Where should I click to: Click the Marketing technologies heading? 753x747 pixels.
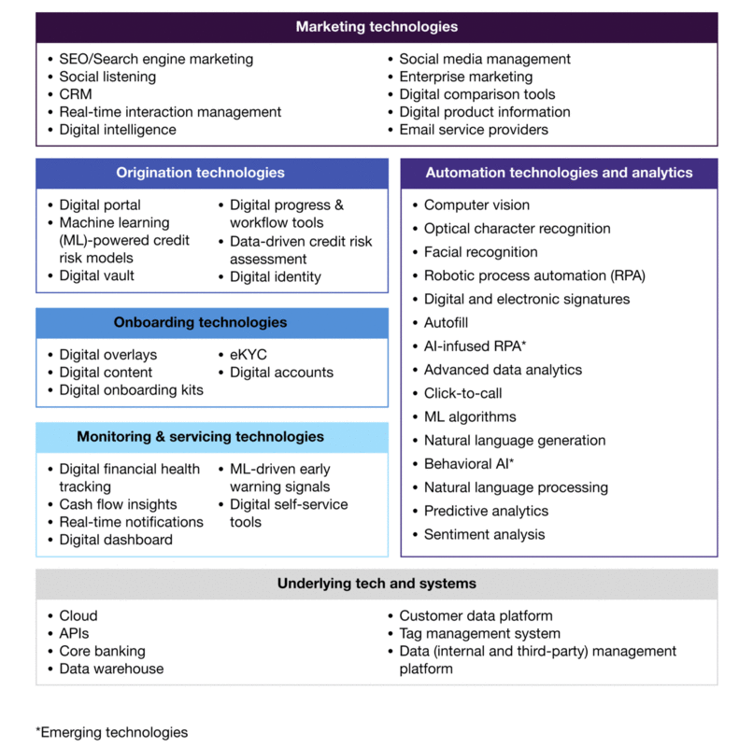pos(376,27)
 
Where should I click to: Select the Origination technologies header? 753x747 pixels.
pos(200,173)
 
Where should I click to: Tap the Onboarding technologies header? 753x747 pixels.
pos(200,322)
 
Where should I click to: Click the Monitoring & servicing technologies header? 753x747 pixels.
pos(200,436)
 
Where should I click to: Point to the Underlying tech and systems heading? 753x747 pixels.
pos(376,584)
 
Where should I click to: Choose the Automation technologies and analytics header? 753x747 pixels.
pos(559,173)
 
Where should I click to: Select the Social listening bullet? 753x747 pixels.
pos(107,77)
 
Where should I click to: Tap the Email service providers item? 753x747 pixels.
pos(473,130)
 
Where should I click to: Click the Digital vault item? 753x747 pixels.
pos(96,275)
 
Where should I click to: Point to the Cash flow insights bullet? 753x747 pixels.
pos(118,504)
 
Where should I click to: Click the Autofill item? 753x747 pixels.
pos(447,322)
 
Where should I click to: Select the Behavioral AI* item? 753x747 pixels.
pos(469,464)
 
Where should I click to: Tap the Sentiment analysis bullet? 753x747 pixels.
pos(484,535)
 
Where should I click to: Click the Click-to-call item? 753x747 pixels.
pos(462,393)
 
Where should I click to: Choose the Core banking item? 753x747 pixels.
pos(102,651)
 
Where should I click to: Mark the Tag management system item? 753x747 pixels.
pos(479,633)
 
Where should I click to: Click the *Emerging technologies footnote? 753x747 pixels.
pos(112,732)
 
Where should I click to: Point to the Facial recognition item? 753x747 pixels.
pos(480,252)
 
